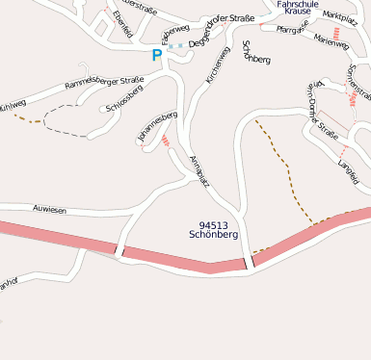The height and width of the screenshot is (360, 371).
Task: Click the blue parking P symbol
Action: click(157, 55)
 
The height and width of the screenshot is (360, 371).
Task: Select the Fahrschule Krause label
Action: click(298, 7)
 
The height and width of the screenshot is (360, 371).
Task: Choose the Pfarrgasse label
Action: click(291, 30)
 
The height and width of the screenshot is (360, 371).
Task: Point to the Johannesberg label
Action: click(158, 127)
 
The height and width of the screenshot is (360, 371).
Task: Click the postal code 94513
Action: click(214, 224)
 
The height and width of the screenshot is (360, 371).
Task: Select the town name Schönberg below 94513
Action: click(214, 235)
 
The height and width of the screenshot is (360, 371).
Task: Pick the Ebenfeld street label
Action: click(120, 23)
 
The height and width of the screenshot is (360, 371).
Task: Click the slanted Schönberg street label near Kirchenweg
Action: click(256, 52)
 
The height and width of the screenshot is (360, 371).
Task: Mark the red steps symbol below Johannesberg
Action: click(167, 141)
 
